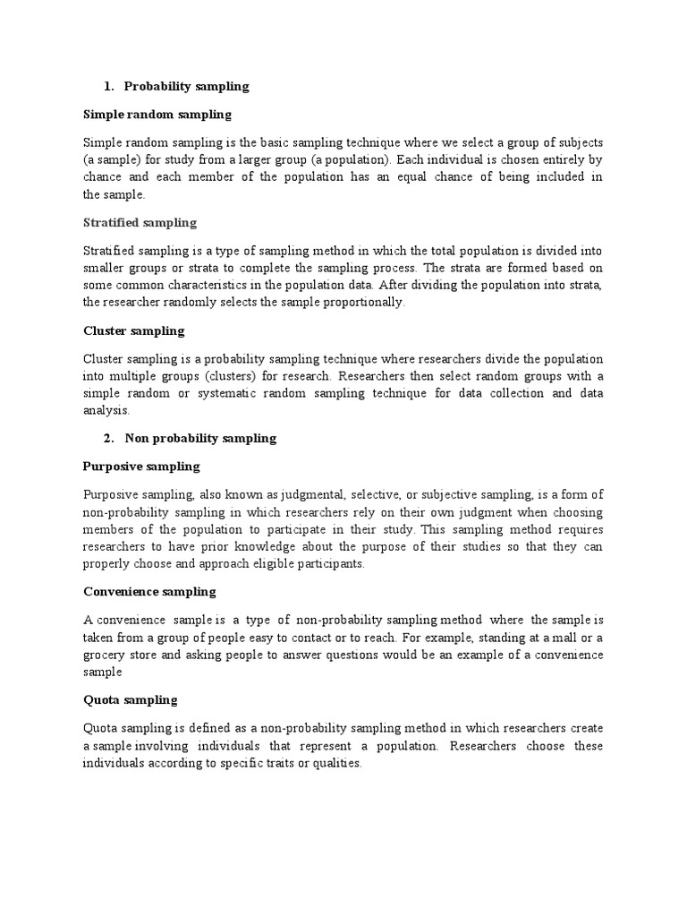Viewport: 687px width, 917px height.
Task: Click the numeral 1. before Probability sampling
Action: click(108, 87)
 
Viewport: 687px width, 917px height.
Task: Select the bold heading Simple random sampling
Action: click(157, 115)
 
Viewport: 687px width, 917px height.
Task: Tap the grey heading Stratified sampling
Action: click(140, 222)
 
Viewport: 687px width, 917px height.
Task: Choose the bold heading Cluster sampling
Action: click(133, 330)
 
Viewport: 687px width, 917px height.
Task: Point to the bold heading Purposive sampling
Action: click(141, 467)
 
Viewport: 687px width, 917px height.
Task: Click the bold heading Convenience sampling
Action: click(149, 592)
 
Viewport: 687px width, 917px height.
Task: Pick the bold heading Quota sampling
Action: click(130, 699)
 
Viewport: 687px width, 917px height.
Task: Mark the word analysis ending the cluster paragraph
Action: click(106, 412)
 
